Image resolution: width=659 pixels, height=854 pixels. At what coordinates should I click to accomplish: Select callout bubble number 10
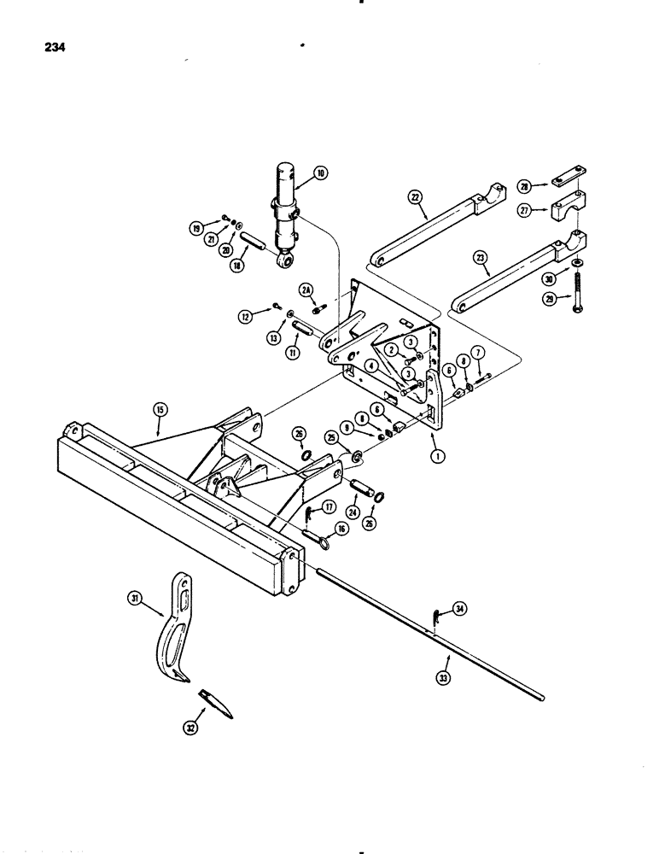[x=321, y=173]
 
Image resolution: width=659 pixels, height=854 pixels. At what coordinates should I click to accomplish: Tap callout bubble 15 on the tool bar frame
[x=159, y=410]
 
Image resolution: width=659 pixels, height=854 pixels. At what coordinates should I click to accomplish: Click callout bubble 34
[x=461, y=609]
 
